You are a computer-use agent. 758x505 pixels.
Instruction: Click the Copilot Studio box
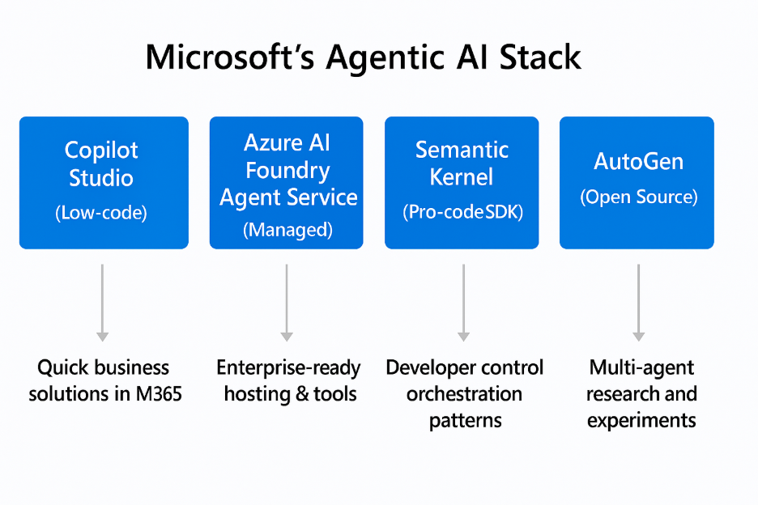104,182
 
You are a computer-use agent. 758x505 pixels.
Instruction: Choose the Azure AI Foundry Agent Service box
286,182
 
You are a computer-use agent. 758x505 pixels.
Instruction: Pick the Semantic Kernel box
462,182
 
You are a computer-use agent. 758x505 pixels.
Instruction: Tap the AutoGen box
637,182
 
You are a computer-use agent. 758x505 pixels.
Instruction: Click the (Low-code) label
102,213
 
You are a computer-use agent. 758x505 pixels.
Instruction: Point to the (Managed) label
287,230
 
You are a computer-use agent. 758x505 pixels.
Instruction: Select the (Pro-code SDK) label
462,212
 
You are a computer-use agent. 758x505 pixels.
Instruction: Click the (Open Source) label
638,197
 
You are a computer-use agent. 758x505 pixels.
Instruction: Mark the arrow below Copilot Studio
102,301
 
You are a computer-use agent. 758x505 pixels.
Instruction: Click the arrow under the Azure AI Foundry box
286,301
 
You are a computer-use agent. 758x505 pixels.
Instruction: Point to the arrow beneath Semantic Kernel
463,301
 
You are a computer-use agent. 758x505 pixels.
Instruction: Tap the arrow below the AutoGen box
638,301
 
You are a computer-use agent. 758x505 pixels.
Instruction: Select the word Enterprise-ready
288,368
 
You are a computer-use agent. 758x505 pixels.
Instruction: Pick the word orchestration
464,394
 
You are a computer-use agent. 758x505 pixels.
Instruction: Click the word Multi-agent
641,368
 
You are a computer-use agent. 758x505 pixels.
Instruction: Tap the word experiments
641,421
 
